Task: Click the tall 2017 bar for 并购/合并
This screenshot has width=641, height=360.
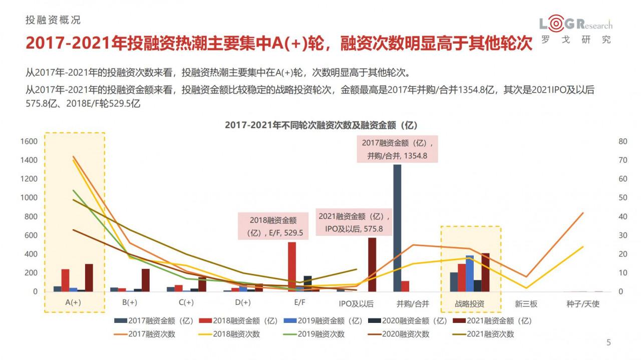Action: pyautogui.click(x=397, y=228)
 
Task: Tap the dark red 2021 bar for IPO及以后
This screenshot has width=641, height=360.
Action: pyautogui.click(x=372, y=264)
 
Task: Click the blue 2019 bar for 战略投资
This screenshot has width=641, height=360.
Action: pyautogui.click(x=470, y=273)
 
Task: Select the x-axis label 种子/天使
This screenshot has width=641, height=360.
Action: pyautogui.click(x=582, y=303)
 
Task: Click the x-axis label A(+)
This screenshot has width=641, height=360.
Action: pyautogui.click(x=73, y=303)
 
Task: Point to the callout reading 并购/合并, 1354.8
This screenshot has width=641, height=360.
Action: pyautogui.click(x=397, y=149)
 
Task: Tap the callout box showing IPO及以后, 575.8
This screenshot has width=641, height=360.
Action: pyautogui.click(x=354, y=223)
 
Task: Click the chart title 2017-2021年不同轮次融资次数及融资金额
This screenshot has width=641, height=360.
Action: pyautogui.click(x=321, y=125)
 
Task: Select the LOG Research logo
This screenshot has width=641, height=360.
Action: pyautogui.click(x=575, y=30)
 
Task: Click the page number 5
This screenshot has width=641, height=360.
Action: pyautogui.click(x=609, y=343)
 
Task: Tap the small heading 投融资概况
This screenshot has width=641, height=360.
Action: pyautogui.click(x=53, y=21)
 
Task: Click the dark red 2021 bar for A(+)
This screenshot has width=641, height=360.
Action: pyautogui.click(x=89, y=277)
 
